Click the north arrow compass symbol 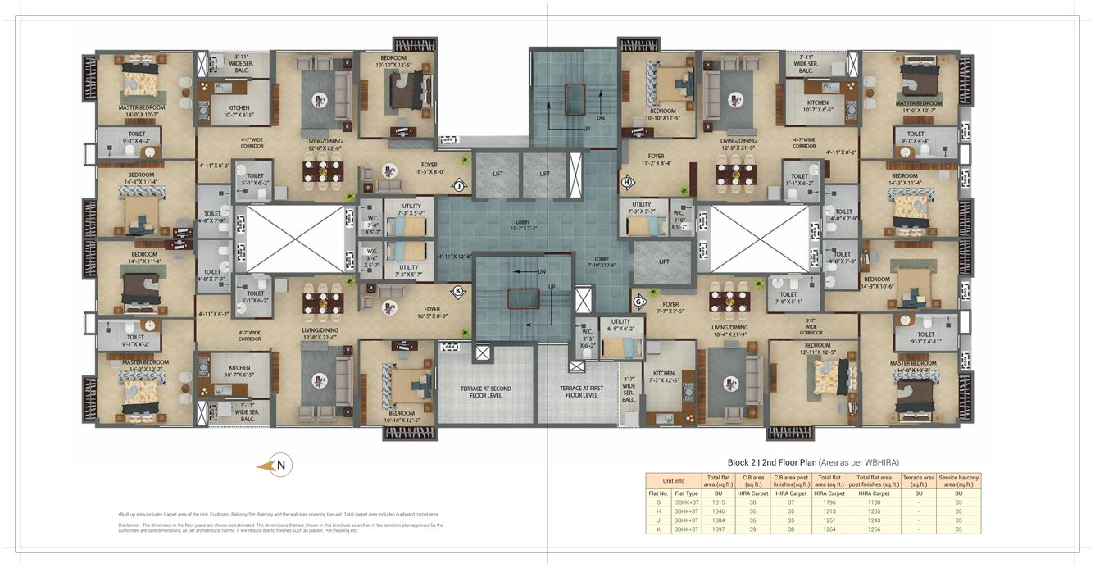278,466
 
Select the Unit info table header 673,480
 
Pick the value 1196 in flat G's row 829,502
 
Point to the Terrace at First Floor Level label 584,391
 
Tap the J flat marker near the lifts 460,186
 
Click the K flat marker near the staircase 459,290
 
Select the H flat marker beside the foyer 628,181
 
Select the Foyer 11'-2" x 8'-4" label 656,158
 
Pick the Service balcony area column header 957,480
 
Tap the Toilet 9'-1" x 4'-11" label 926,338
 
